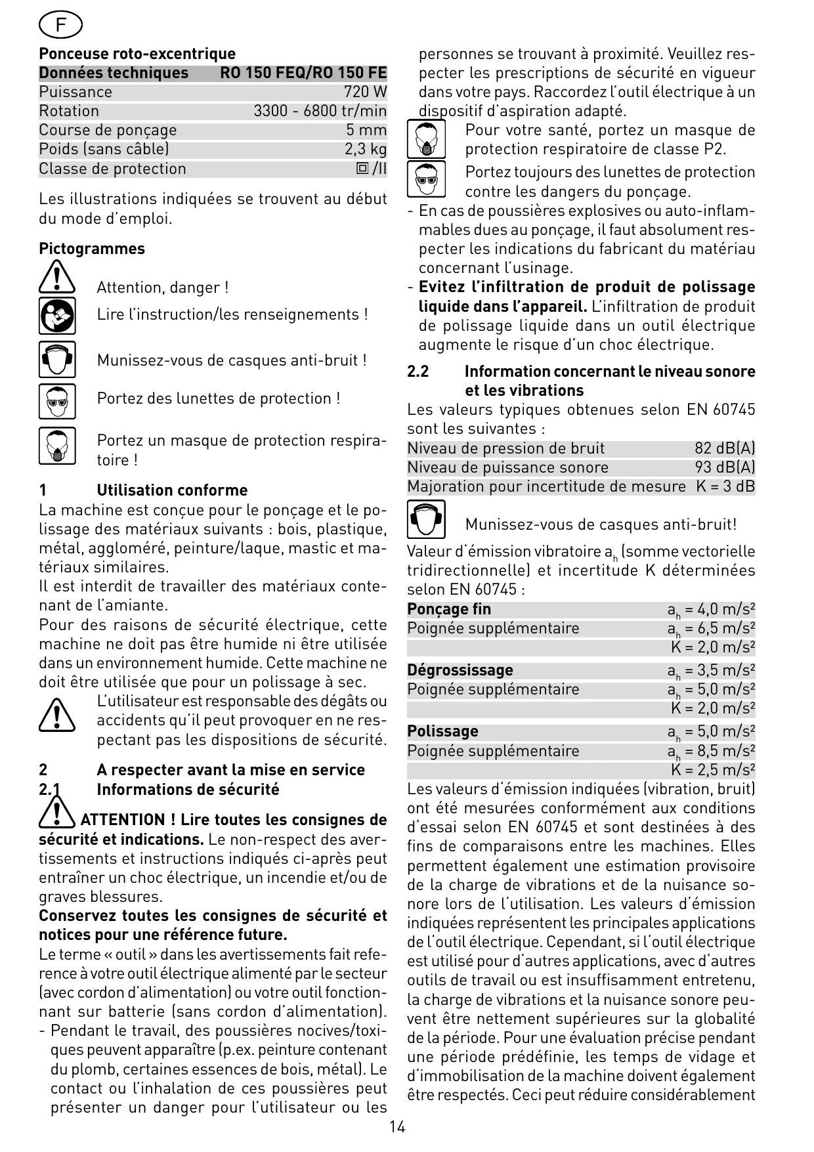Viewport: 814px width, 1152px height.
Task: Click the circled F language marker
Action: point(60,26)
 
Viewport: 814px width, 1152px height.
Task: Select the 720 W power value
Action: point(365,92)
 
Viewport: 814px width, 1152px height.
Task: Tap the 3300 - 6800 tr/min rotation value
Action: point(320,111)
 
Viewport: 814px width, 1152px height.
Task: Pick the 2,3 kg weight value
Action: point(366,149)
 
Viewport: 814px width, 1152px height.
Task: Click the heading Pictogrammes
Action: point(91,249)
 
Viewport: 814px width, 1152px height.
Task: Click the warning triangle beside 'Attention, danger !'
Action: point(57,276)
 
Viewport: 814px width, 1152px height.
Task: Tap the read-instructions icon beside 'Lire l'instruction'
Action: point(57,315)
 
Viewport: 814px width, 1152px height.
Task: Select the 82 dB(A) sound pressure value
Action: point(725,448)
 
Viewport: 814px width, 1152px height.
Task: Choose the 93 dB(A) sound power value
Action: point(725,467)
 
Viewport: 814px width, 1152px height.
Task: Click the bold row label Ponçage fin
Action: point(449,609)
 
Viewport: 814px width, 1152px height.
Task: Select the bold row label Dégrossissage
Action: point(460,670)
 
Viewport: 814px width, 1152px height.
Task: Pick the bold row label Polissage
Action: point(442,731)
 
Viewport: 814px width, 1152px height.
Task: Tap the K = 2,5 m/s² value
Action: point(713,770)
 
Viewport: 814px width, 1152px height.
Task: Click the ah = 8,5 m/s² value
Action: point(711,751)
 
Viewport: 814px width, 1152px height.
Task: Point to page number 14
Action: point(396,1127)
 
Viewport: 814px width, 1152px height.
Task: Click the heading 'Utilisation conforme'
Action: point(172,490)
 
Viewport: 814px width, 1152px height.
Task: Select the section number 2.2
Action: point(418,372)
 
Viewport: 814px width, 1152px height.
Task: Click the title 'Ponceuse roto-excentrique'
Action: point(137,54)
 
